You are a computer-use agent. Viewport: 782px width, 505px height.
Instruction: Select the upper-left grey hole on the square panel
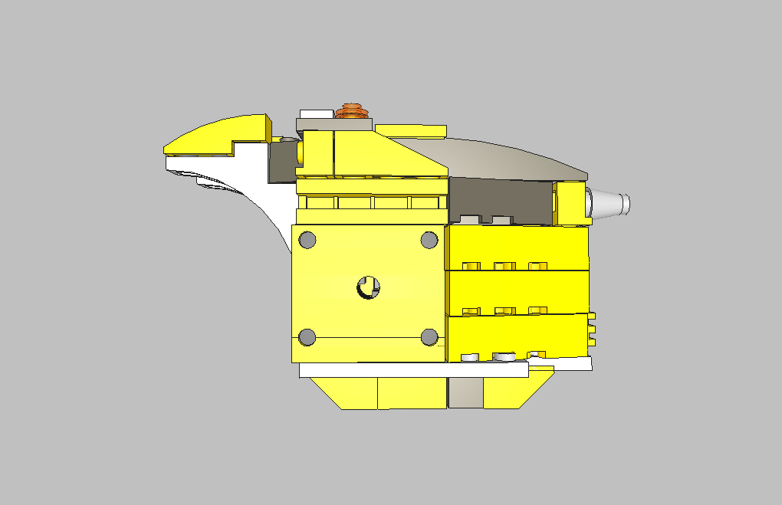coord(307,240)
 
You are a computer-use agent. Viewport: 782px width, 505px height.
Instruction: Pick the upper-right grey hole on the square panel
coord(429,240)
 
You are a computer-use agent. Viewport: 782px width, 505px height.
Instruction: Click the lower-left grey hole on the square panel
coord(307,337)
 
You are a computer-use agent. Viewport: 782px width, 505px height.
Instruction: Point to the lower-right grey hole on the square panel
coord(429,337)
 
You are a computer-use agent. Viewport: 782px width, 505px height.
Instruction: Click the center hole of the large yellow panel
coord(368,288)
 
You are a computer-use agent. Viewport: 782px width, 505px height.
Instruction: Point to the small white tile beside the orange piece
coord(315,113)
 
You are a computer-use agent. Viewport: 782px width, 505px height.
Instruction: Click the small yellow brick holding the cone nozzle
coord(569,204)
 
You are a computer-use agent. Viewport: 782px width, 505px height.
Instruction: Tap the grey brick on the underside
coord(465,392)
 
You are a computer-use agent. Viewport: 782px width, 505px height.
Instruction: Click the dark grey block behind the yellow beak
coord(281,162)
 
